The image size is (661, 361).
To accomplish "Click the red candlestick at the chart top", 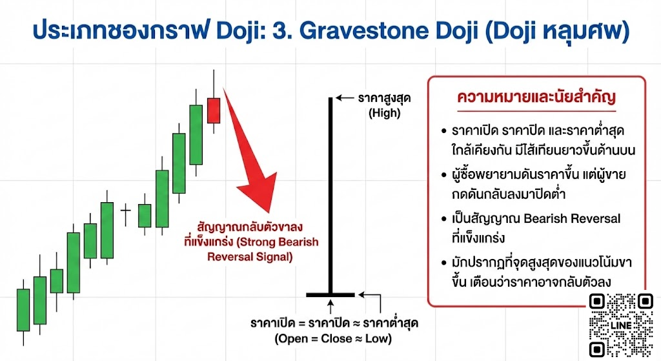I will (x=214, y=110).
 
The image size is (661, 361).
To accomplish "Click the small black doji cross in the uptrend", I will (x=126, y=210).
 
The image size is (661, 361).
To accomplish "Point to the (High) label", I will (x=385, y=113).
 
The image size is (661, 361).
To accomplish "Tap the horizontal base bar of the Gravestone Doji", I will (x=330, y=294).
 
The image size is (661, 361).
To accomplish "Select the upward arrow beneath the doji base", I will (x=330, y=305).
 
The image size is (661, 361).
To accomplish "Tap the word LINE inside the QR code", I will (x=622, y=327).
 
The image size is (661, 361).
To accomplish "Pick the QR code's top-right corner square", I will (x=644, y=302).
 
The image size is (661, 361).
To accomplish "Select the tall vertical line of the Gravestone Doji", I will (x=330, y=194).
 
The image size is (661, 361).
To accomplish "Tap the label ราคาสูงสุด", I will (x=385, y=99).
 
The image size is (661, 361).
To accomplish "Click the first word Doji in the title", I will (x=245, y=31).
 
